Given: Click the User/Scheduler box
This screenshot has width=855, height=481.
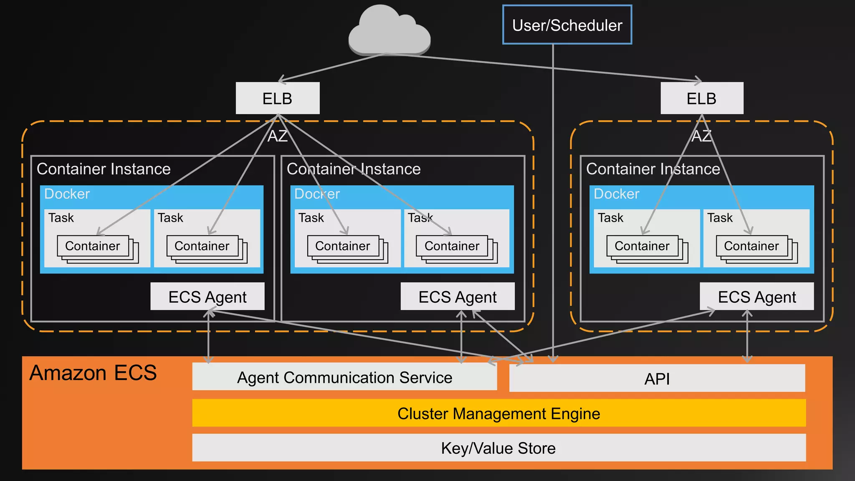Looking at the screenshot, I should click(567, 25).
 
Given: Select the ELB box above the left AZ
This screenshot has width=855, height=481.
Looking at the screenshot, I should click(278, 99).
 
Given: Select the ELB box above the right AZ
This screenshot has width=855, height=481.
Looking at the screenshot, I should click(702, 99).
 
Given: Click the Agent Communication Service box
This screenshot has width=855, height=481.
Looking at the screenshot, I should click(344, 377).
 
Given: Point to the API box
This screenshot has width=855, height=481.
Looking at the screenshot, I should click(657, 379).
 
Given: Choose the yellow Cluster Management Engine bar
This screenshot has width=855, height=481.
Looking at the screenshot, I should click(498, 413).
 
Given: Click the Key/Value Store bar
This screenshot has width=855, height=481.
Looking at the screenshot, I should click(498, 448).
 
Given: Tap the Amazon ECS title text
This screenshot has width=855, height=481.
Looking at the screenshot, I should click(93, 372).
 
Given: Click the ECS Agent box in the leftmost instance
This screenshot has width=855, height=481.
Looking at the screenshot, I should click(207, 297).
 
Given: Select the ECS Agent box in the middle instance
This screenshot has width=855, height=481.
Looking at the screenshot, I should click(458, 297).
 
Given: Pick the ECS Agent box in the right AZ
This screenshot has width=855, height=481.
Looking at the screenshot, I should click(756, 297).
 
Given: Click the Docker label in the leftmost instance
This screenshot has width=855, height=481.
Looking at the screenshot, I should click(67, 194).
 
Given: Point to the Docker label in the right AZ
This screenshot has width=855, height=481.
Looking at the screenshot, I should click(616, 194).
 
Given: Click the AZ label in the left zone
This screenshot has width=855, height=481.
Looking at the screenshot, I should click(277, 136).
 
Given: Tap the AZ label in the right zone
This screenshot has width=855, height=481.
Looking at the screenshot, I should click(701, 136).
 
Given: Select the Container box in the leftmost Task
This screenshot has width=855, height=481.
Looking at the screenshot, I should click(93, 246).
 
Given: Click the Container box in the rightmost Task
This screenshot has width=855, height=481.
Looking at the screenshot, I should click(751, 246).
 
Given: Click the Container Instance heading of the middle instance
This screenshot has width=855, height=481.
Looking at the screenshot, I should click(354, 169).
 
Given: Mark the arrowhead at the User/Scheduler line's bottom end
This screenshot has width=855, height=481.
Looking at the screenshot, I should click(553, 359).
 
